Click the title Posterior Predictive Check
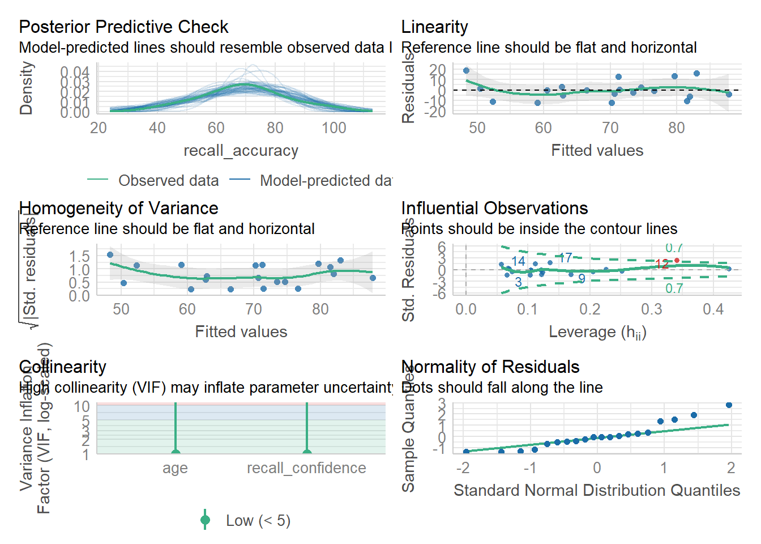[x=123, y=27]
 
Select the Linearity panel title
[x=434, y=27]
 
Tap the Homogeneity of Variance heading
[x=118, y=208]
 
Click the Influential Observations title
[x=494, y=208]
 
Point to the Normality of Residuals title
[x=490, y=367]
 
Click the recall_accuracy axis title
[x=241, y=151]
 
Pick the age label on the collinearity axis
[x=175, y=468]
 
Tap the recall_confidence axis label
[x=306, y=468]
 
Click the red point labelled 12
[x=677, y=260]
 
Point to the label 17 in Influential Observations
[x=565, y=258]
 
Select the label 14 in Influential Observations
[x=518, y=261]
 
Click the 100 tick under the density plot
[x=334, y=128]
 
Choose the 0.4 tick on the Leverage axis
[x=713, y=309]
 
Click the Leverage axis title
[x=597, y=332]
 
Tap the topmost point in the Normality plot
[x=729, y=405]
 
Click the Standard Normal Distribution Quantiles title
[x=597, y=490]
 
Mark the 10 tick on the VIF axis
[x=82, y=406]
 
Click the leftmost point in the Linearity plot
[x=466, y=71]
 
